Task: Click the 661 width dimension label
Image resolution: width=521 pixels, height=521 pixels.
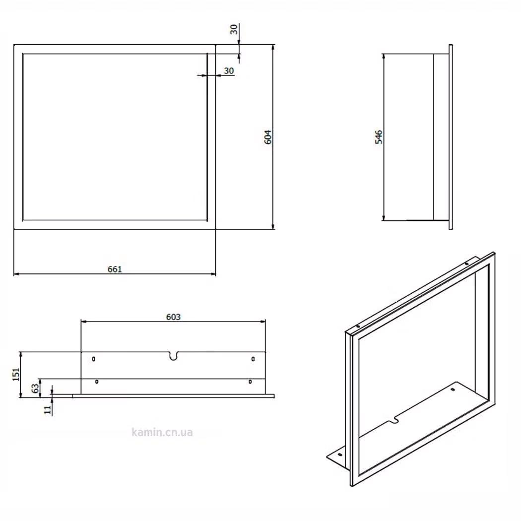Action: [115, 269]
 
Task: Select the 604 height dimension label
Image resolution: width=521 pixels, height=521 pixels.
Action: [268, 137]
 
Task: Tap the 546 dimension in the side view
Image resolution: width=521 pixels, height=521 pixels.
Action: [379, 137]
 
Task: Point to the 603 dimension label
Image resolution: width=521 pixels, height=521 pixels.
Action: [173, 317]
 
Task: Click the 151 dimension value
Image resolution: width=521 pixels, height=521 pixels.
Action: [16, 375]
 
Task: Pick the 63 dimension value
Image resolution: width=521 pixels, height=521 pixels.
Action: [35, 388]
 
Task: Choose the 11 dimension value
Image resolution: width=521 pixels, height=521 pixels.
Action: [48, 409]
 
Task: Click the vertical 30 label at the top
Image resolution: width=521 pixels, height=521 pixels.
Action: [234, 29]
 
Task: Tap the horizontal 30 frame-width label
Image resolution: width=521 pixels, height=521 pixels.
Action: [229, 71]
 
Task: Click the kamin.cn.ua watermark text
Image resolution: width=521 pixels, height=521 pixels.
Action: [162, 432]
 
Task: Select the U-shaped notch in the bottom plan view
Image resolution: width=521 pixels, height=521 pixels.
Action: [173, 356]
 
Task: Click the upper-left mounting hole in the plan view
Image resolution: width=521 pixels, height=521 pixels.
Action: [94, 359]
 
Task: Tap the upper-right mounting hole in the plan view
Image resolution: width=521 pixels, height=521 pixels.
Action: [253, 359]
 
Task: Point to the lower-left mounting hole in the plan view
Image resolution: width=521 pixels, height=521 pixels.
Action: [97, 382]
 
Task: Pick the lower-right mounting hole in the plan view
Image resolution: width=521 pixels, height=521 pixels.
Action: [250, 382]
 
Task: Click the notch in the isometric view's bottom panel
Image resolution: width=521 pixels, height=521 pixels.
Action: [394, 421]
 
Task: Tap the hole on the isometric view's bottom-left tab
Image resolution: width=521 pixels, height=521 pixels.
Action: [339, 455]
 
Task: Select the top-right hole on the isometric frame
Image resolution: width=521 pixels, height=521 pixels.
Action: [466, 264]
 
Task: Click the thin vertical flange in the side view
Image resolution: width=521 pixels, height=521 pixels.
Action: [451, 137]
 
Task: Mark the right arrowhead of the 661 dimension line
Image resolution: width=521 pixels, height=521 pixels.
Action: [214, 274]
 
